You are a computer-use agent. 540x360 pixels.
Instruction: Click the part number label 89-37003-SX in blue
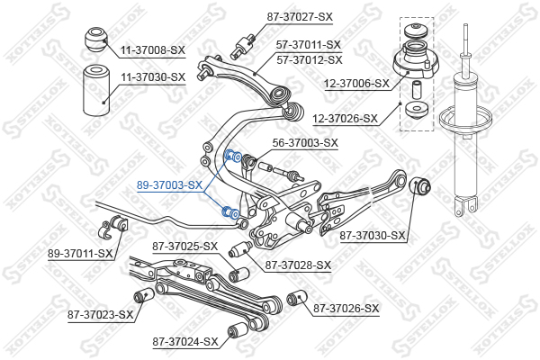coord(169,185)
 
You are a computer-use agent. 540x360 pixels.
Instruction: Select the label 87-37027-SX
coord(300,16)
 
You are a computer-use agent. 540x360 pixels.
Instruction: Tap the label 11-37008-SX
coord(153,50)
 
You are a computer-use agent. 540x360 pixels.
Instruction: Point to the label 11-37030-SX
coord(153,77)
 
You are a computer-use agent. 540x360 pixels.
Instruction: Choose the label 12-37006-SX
coord(356,84)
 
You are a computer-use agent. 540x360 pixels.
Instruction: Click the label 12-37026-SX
coord(345,119)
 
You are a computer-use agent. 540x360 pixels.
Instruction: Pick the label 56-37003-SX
coord(305,142)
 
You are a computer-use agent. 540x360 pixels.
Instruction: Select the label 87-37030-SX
coord(373,236)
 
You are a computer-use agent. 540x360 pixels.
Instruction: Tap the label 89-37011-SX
coord(80,254)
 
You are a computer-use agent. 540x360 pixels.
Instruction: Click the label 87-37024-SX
coord(185,342)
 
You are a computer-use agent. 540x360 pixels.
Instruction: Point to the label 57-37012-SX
coord(310,60)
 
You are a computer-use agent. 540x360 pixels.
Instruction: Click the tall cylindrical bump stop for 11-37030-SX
coord(96,90)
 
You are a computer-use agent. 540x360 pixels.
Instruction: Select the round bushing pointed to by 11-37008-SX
coord(96,40)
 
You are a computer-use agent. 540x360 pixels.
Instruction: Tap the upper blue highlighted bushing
coord(232,156)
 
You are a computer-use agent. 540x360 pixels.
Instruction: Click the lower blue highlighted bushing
coord(230,211)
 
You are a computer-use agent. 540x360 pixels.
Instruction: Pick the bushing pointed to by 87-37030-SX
coord(419,185)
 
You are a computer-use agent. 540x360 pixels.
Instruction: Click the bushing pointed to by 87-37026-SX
coord(297,298)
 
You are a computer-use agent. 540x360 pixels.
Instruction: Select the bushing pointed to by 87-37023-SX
coord(144,295)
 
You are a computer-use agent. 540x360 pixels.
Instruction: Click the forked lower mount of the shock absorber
coord(465,206)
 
